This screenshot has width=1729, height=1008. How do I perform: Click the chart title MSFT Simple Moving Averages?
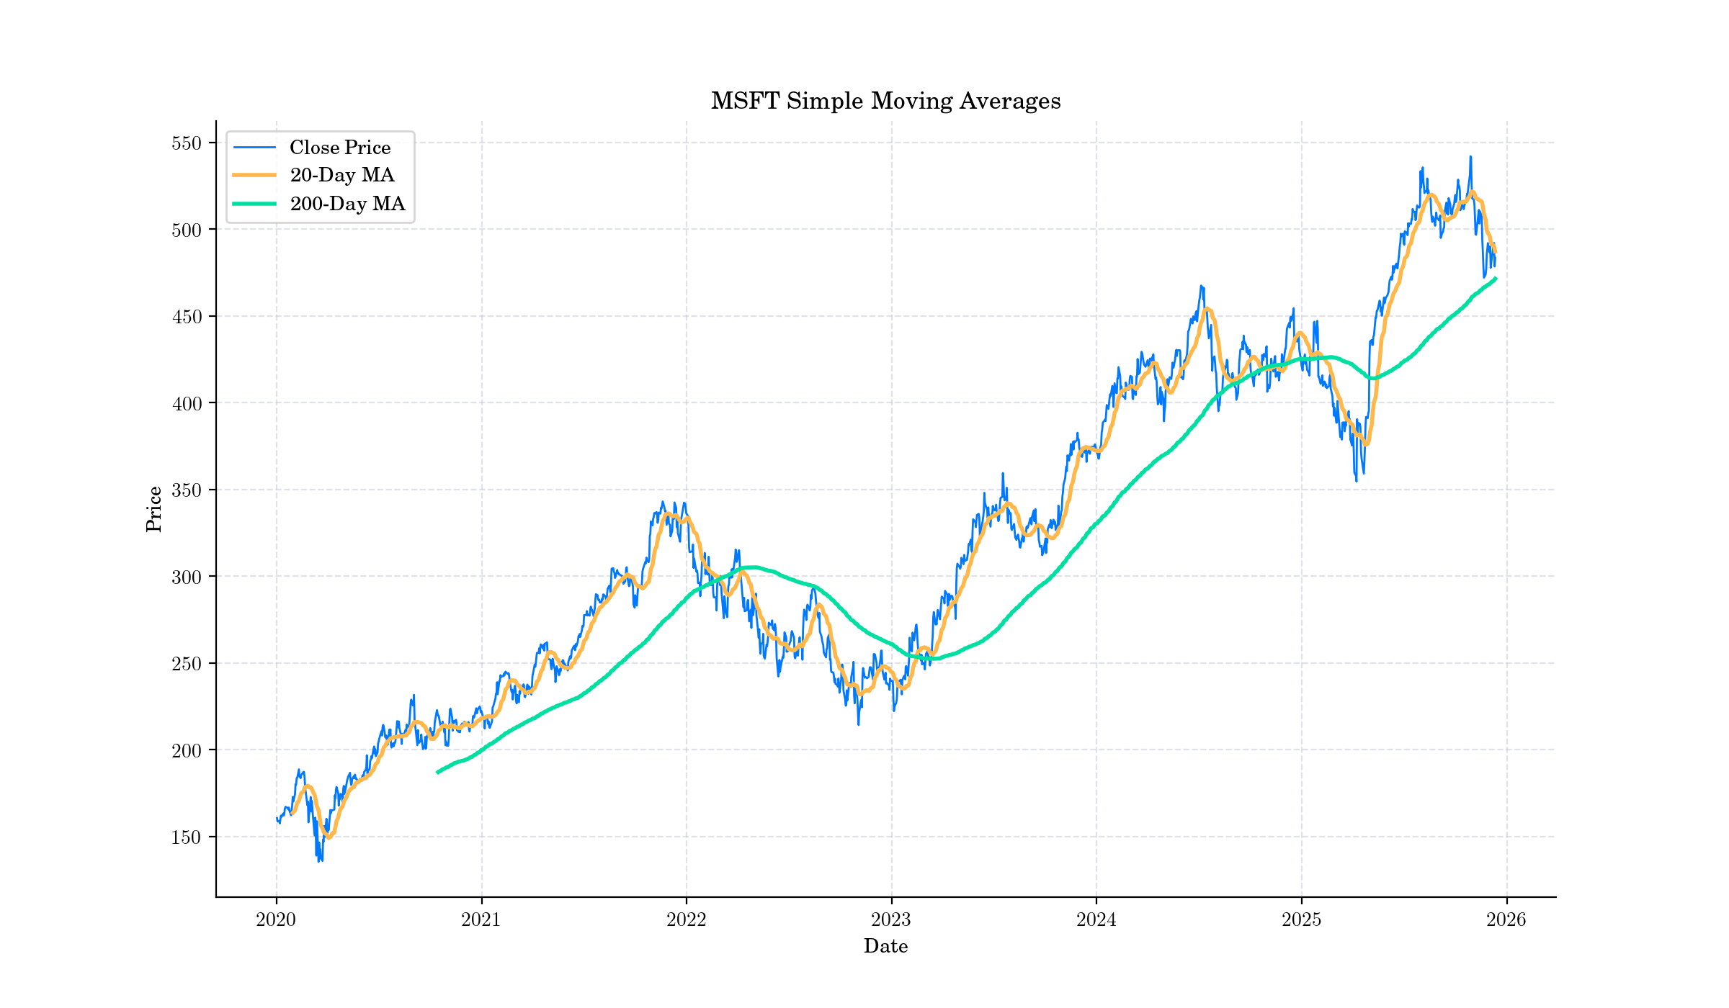point(885,101)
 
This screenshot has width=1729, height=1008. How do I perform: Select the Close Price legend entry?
point(339,148)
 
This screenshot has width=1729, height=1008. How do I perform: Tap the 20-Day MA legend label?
point(341,175)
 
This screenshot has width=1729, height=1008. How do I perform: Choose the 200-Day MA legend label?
point(347,204)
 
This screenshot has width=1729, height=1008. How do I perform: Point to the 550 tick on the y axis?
point(186,143)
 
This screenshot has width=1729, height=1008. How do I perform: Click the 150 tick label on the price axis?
point(186,837)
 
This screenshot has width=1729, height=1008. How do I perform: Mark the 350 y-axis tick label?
point(186,490)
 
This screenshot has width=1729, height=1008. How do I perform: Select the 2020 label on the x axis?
point(276,919)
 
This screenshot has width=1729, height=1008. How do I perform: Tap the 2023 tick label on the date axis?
point(891,919)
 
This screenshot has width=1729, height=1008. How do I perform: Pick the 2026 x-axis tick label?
point(1506,919)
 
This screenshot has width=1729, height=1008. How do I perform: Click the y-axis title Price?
point(153,509)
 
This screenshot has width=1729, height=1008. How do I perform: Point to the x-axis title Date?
point(885,946)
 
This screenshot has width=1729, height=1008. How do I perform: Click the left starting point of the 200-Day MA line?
point(437,773)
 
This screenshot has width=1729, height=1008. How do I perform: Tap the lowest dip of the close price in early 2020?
point(318,861)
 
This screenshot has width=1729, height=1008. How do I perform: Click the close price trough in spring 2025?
point(1357,480)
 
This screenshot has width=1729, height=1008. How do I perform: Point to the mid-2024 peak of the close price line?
point(1201,286)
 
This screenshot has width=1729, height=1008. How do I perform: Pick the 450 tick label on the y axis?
point(186,316)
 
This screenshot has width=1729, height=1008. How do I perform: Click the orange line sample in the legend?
point(254,175)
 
